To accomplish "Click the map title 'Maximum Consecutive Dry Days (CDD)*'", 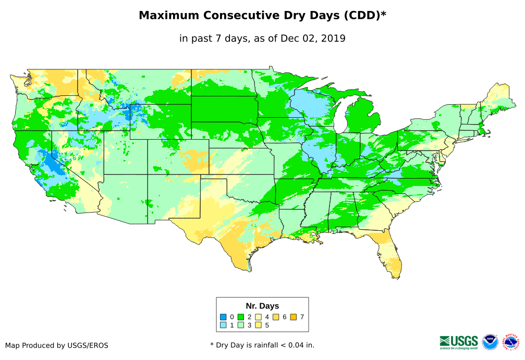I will click(x=262, y=16).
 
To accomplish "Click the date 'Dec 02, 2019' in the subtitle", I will click(x=313, y=38).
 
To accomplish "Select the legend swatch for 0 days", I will click(x=223, y=317).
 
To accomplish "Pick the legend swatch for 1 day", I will click(x=223, y=326).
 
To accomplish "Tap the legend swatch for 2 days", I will click(x=241, y=317).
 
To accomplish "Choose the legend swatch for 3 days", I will click(x=241, y=326).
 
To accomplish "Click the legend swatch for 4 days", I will click(x=258, y=317).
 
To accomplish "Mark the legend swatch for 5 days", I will click(x=258, y=326).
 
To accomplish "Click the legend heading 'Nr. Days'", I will click(x=262, y=306).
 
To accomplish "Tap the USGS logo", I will click(x=459, y=342).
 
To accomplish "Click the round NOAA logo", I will click(x=490, y=342).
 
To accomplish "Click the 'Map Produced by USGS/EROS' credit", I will click(x=57, y=345).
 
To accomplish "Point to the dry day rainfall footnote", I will click(x=262, y=345).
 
